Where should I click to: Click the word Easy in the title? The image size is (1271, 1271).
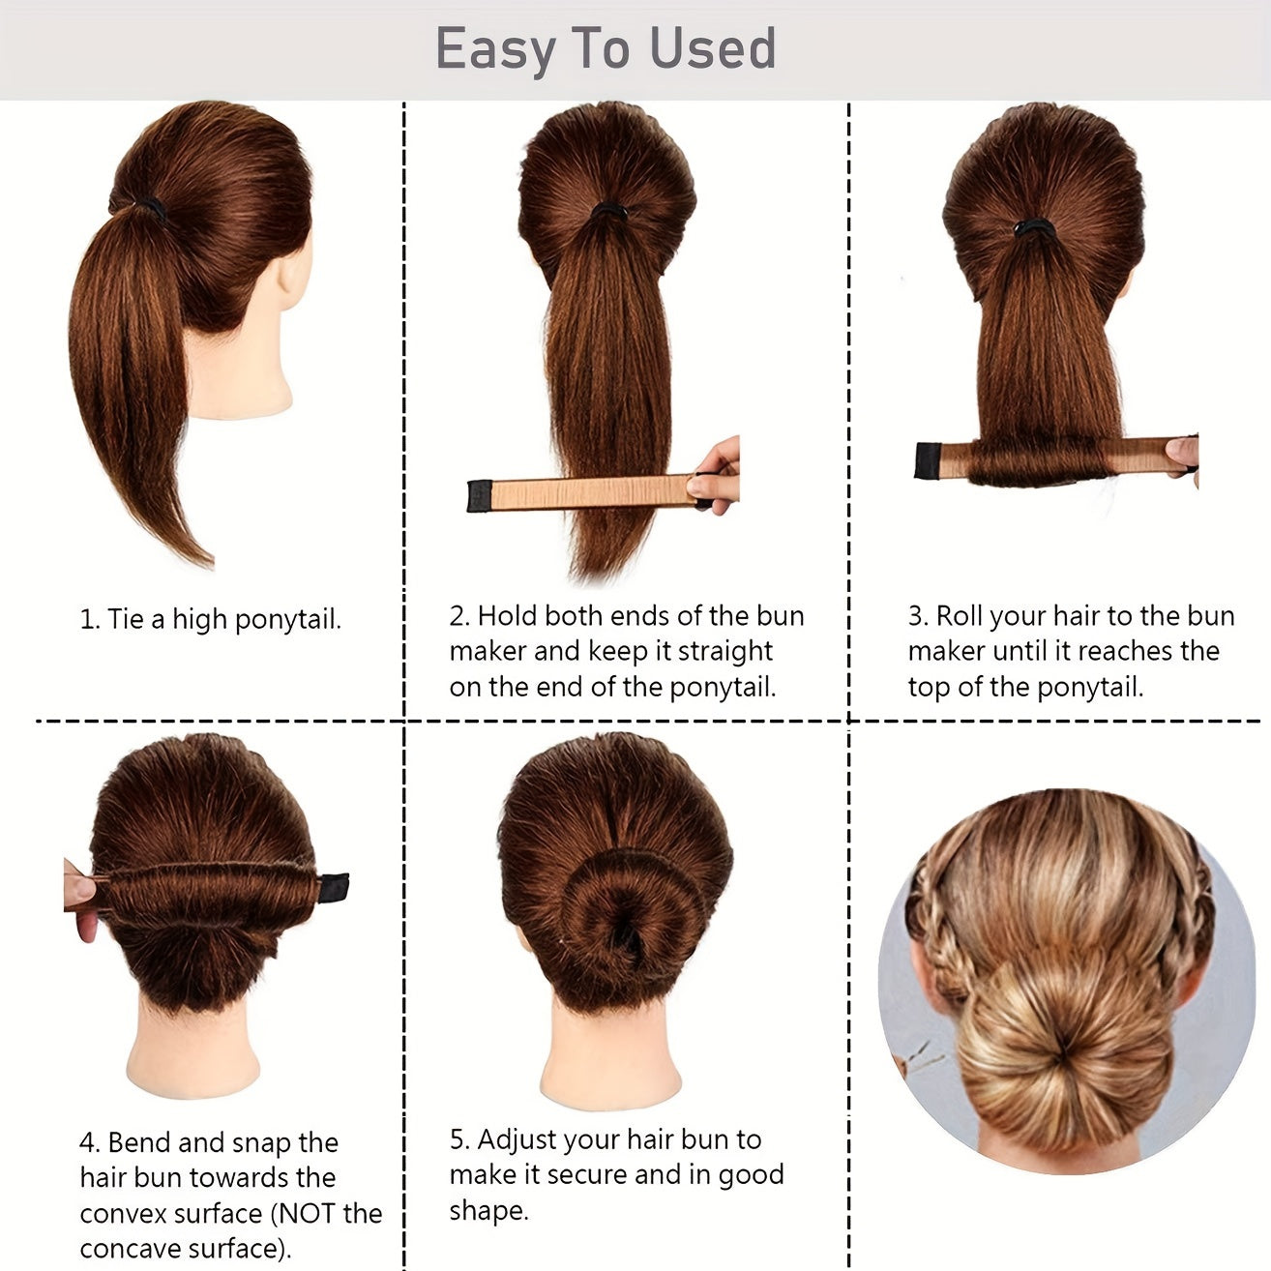pyautogui.click(x=494, y=50)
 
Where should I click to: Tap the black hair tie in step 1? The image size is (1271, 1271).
pyautogui.click(x=150, y=206)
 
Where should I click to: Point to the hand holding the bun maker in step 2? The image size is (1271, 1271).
pyautogui.click(x=718, y=472)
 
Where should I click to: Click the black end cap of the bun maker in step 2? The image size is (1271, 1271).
pyautogui.click(x=479, y=495)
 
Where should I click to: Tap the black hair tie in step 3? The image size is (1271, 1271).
pyautogui.click(x=1033, y=228)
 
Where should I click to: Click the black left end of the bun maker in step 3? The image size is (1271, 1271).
pyautogui.click(x=927, y=460)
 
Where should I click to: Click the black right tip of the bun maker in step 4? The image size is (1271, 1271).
pyautogui.click(x=333, y=886)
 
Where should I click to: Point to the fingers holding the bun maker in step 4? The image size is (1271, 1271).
pyautogui.click(x=81, y=895)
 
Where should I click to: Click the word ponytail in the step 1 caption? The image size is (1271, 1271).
pyautogui.click(x=287, y=619)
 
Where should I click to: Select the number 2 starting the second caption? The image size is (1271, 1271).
pyautogui.click(x=458, y=616)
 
